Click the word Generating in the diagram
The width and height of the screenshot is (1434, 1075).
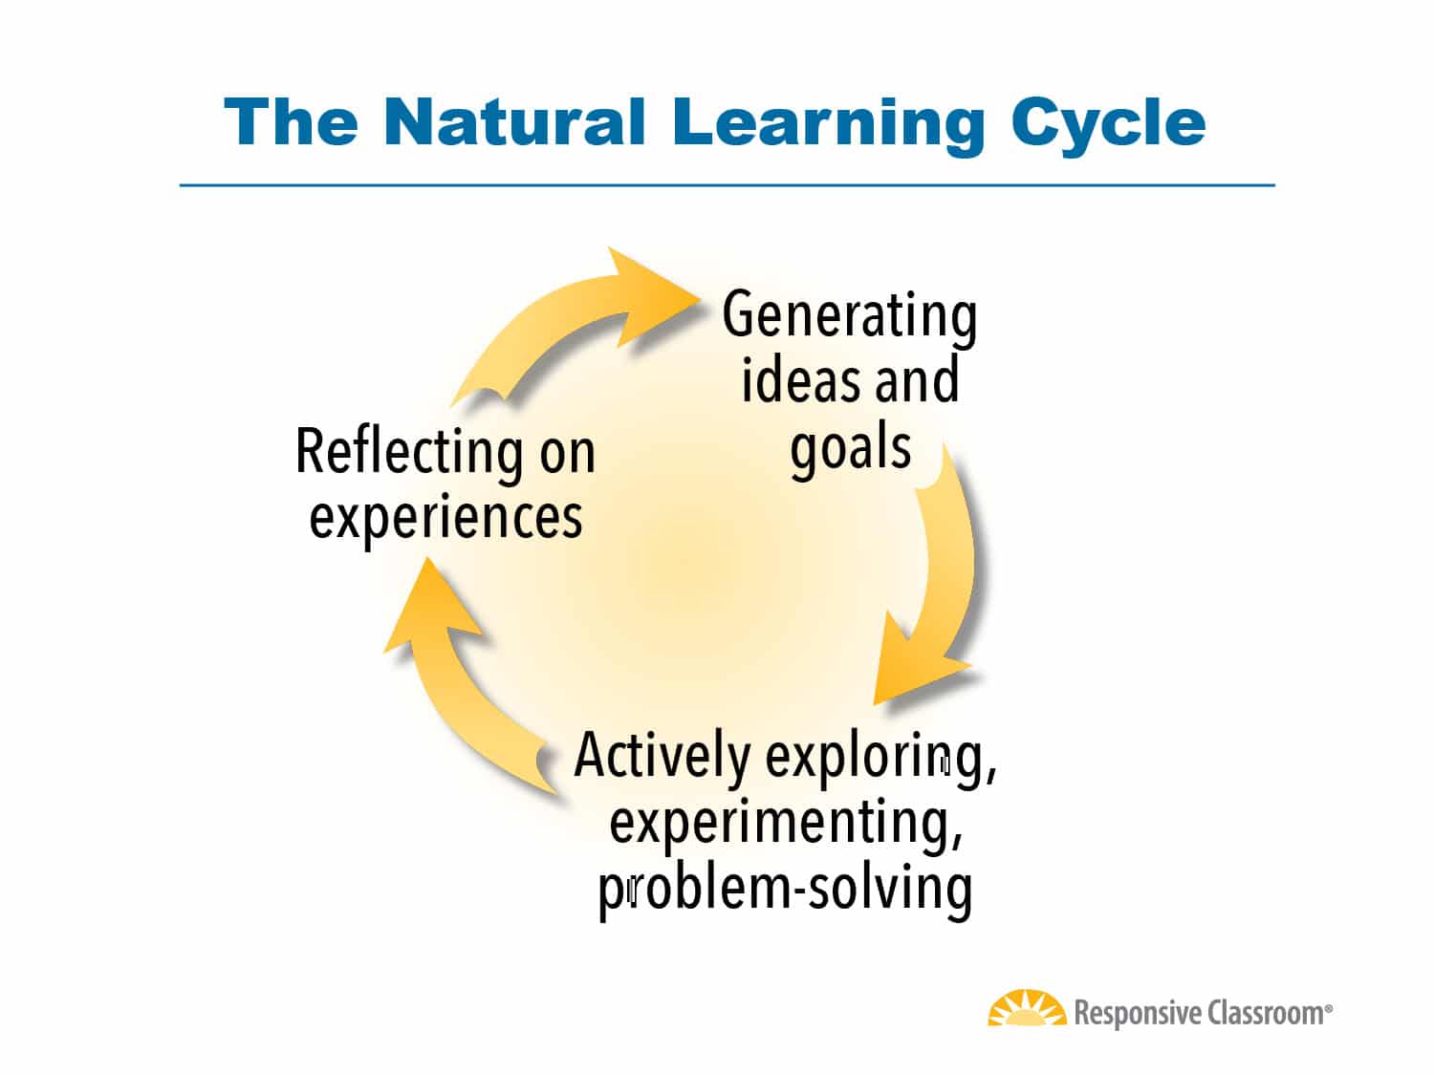[849, 316]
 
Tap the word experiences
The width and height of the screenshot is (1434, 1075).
[445, 516]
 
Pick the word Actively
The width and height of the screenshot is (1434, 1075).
[662, 756]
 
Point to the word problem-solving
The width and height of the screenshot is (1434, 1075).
[785, 888]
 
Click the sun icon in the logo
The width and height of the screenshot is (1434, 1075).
[1027, 1010]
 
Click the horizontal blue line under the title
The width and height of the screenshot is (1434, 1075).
[727, 184]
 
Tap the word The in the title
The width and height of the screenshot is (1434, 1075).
[292, 122]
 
